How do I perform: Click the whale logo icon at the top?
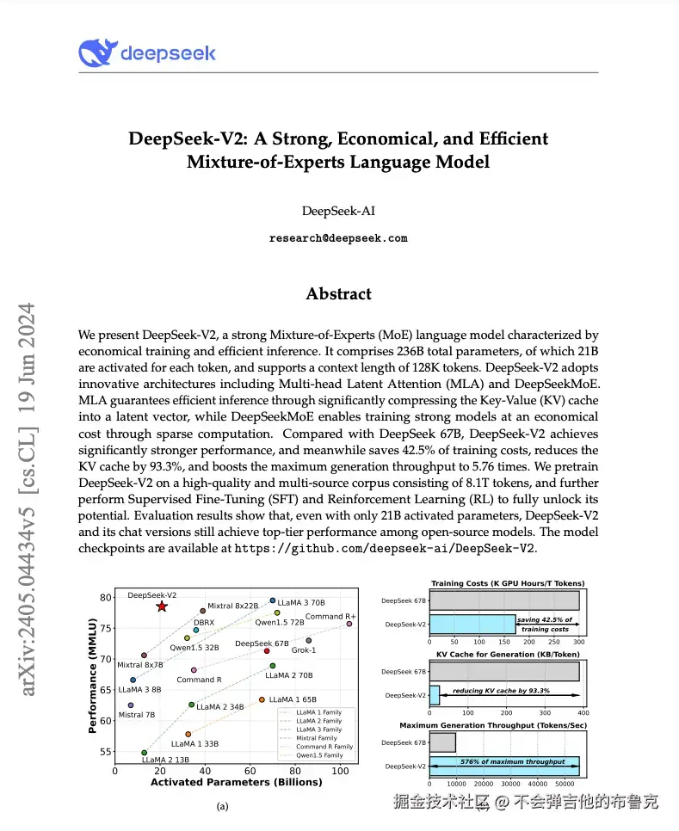point(96,53)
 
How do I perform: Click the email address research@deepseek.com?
point(338,238)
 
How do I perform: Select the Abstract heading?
point(338,293)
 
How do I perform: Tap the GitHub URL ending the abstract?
point(385,548)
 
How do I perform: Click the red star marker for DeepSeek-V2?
point(162,606)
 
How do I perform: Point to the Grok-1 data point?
point(309,640)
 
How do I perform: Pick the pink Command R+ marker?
point(349,624)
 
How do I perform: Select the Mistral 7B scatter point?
point(131,705)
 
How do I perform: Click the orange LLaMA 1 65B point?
point(262,699)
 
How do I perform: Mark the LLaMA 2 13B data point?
point(145,752)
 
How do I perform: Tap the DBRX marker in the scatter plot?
point(196,630)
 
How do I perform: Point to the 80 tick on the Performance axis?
point(107,597)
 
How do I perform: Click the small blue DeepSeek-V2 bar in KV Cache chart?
point(434,694)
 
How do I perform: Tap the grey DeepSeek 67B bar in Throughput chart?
point(441,741)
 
